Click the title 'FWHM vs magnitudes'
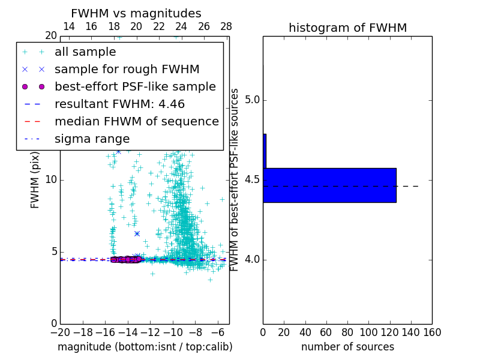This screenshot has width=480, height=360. point(136,13)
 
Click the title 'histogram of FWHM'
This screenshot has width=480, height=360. point(347,28)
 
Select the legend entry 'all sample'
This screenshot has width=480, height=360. point(85,52)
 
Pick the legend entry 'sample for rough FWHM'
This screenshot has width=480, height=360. point(127,70)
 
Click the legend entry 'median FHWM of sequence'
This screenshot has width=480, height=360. point(136,122)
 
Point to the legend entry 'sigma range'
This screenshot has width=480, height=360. point(92,139)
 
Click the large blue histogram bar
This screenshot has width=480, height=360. point(329,185)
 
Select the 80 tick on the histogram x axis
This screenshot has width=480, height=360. point(347,331)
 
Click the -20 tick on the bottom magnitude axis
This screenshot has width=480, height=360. point(60,331)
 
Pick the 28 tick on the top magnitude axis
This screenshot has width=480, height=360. point(226,26)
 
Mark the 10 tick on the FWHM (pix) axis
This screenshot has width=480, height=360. point(51,180)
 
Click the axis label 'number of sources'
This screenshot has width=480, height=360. point(347,347)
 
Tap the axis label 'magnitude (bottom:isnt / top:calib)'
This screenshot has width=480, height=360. point(145,347)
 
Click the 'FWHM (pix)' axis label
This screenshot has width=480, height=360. point(35,180)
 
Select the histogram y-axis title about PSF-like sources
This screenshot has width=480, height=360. point(235,180)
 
